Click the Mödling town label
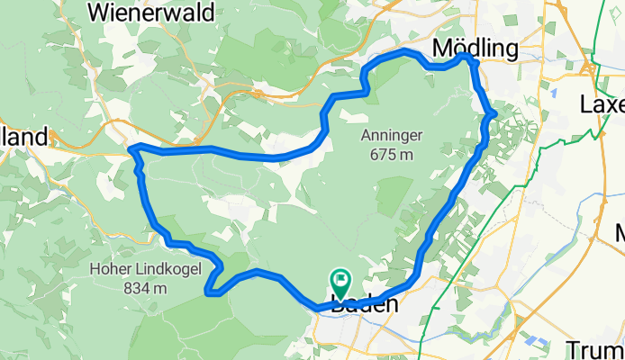(x=477, y=47)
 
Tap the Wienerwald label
(x=151, y=12)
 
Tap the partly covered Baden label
(x=365, y=306)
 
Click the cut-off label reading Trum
(x=595, y=349)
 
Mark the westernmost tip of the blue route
(x=131, y=148)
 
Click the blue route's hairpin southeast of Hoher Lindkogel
(x=209, y=291)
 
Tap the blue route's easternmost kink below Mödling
(x=494, y=112)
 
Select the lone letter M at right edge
(x=620, y=236)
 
